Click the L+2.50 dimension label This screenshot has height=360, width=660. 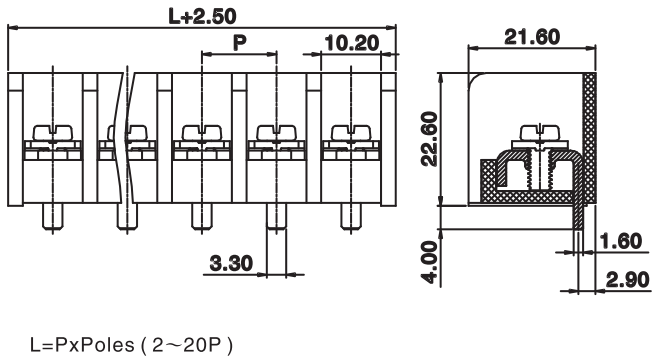pyautogui.click(x=202, y=16)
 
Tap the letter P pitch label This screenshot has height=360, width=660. pyautogui.click(x=240, y=43)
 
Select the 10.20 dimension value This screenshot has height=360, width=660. pyautogui.click(x=352, y=43)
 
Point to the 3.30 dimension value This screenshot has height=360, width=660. pyautogui.click(x=231, y=264)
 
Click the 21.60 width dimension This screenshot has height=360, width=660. pyautogui.click(x=532, y=37)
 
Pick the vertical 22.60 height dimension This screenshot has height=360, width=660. pyautogui.click(x=430, y=139)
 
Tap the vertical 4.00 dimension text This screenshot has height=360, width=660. pyautogui.click(x=430, y=262)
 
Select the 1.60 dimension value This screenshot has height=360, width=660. pyautogui.click(x=621, y=241)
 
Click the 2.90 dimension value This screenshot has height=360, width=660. pyautogui.click(x=628, y=280)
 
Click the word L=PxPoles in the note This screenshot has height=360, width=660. pyautogui.click(x=82, y=345)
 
